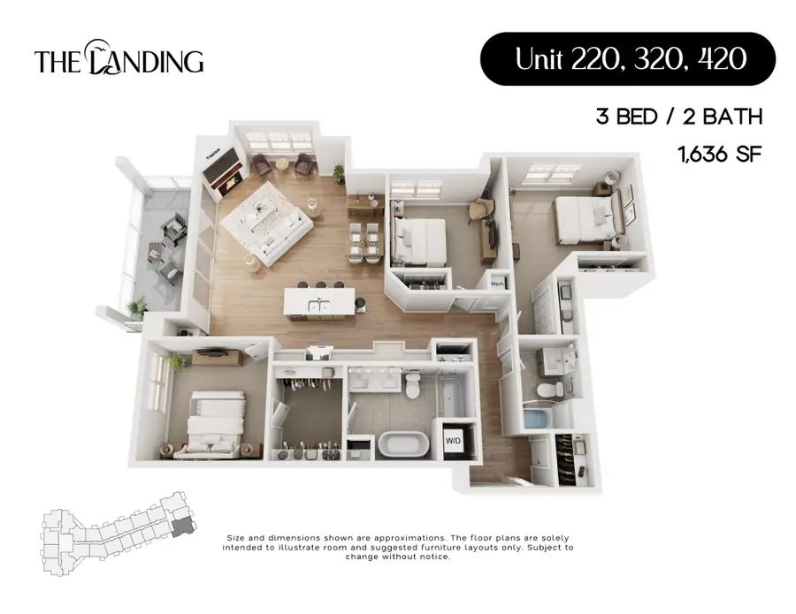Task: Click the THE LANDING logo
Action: click(x=119, y=60)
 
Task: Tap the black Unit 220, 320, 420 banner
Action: click(x=627, y=59)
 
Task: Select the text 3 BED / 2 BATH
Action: click(x=678, y=117)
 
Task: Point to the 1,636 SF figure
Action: click(x=719, y=154)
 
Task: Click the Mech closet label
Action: click(x=496, y=284)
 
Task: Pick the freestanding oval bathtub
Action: click(x=403, y=442)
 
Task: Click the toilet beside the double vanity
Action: click(x=413, y=385)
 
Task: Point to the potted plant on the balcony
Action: click(x=137, y=307)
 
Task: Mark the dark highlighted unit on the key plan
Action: click(x=181, y=527)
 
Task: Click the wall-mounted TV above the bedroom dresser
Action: click(x=212, y=353)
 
